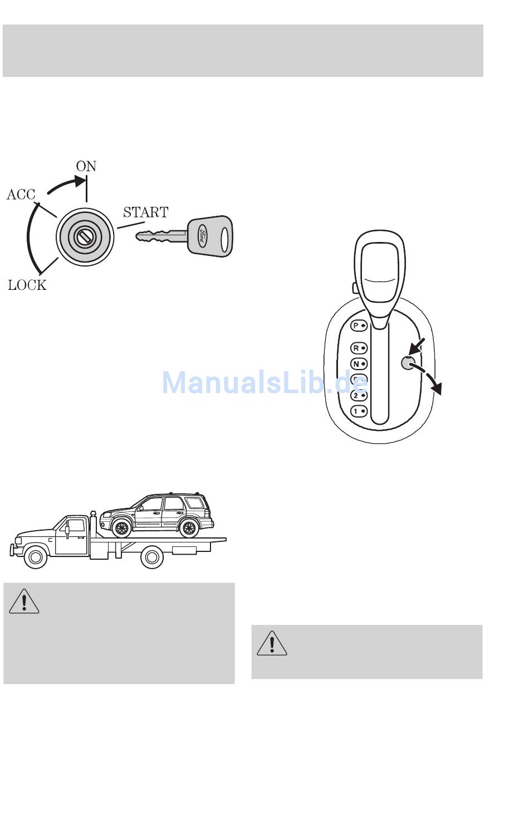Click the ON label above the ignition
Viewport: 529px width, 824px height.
coord(86,166)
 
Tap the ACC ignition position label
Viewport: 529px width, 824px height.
coord(21,195)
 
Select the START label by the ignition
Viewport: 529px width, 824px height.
coord(146,212)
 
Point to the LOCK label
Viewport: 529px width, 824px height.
coord(27,285)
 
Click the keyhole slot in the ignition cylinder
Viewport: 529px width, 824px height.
coord(85,236)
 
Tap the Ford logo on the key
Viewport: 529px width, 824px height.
coord(202,236)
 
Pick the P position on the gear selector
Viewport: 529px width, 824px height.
coord(359,326)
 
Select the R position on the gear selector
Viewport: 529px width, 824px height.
coord(359,348)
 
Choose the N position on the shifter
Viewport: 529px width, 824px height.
coord(359,364)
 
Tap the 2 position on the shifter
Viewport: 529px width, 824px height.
coord(359,395)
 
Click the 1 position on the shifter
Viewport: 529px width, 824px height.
coord(359,411)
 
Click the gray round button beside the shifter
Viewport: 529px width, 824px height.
coord(408,363)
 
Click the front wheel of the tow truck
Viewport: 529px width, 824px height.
coord(35,557)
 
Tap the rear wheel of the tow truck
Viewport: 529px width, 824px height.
coord(152,557)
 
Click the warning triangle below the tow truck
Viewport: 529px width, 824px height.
coord(24,602)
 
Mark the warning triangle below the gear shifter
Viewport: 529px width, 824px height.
coord(272,643)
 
